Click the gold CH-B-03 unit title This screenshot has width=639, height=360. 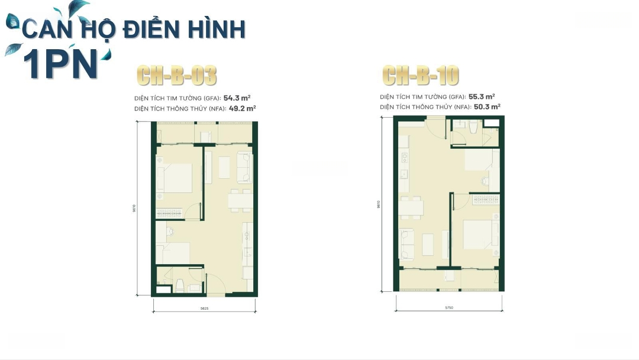[176, 76]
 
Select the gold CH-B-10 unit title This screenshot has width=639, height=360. [420, 75]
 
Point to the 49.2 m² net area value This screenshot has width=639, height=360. [243, 108]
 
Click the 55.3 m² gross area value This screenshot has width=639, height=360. [482, 96]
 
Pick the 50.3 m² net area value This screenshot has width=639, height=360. [487, 107]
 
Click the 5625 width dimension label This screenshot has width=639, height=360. [204, 308]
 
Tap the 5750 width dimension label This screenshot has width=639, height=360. [448, 308]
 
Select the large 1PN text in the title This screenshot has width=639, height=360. [59, 63]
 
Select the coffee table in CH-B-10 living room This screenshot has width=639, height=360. [428, 244]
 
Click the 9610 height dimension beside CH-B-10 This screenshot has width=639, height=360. [377, 204]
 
